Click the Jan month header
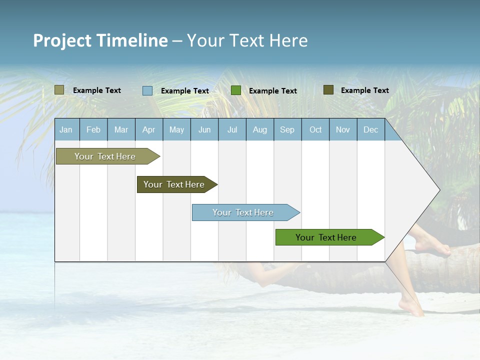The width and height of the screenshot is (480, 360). [66, 129]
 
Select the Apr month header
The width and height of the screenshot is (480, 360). [149, 129]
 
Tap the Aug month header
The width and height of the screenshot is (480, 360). [260, 129]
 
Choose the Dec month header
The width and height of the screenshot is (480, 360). [370, 129]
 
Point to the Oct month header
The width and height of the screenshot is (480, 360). [315, 129]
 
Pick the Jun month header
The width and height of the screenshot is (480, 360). [204, 129]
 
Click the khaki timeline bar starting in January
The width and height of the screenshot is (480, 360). [105, 156]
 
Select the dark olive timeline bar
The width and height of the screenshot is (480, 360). [174, 184]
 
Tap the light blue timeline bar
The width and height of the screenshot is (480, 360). [243, 212]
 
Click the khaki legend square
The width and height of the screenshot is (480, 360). [59, 90]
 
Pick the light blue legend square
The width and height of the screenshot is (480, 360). [147, 90]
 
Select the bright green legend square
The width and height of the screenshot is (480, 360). [236, 90]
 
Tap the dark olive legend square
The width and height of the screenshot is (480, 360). [328, 90]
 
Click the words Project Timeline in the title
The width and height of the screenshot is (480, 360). [100, 40]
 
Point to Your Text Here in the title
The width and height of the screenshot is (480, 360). [247, 40]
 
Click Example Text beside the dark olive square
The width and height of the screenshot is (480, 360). [364, 90]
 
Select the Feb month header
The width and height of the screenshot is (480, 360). [93, 129]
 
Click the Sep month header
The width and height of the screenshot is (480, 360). [287, 129]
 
